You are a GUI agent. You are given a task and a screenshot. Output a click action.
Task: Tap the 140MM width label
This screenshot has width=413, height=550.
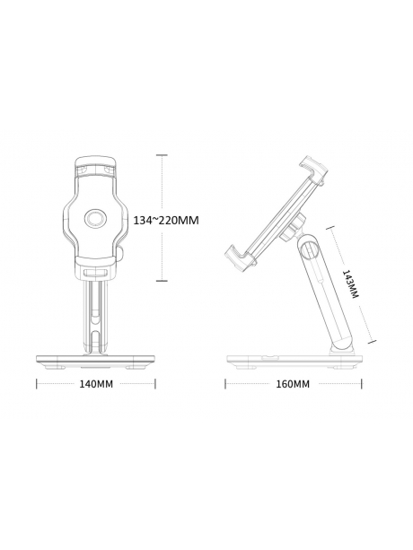94,384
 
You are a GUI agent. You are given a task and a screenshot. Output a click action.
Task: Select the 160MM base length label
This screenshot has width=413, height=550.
291,384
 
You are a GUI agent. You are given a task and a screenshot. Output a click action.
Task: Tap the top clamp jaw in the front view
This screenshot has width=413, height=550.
94,169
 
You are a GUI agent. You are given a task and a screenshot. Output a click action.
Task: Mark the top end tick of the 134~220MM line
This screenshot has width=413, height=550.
163,154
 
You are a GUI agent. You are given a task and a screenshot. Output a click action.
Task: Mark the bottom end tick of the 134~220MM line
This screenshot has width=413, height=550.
163,281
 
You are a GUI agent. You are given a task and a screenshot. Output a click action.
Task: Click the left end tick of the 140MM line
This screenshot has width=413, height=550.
36,384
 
